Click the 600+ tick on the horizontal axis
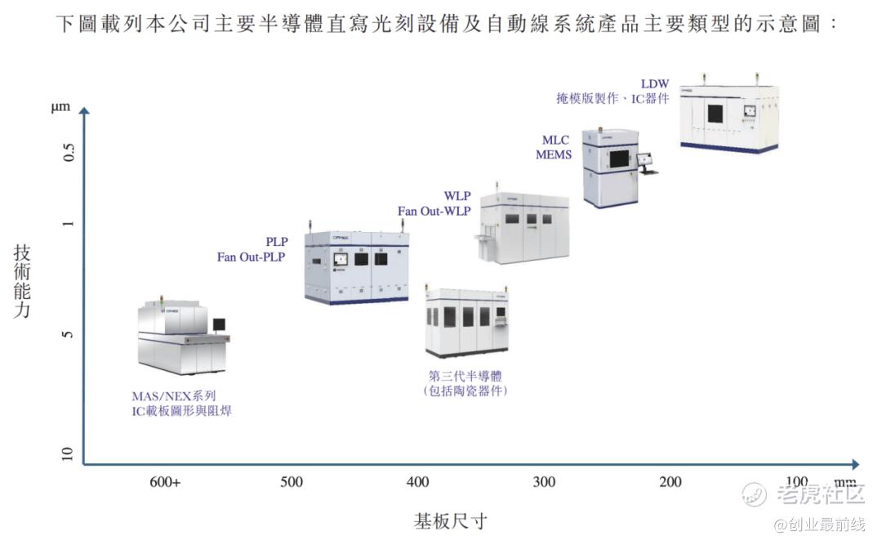[165, 482]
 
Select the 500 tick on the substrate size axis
[292, 482]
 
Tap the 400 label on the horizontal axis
[417, 482]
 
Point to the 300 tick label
[544, 482]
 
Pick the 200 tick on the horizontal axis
[670, 482]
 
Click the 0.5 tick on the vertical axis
[69, 152]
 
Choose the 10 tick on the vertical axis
[69, 454]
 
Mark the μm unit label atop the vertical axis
[61, 108]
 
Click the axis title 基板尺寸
[451, 520]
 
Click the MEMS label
[554, 154]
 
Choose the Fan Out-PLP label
[251, 257]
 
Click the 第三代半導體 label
[465, 377]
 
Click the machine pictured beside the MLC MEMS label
[612, 167]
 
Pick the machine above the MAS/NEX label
[182, 334]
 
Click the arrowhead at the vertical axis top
[83, 111]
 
